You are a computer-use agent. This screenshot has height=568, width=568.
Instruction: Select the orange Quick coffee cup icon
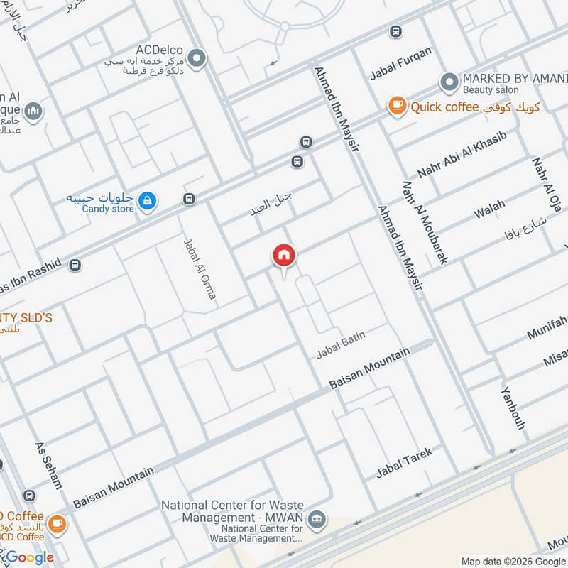[397, 106]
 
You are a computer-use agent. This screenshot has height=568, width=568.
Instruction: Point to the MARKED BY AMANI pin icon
[448, 83]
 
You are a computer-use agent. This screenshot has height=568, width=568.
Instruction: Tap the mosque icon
[33, 112]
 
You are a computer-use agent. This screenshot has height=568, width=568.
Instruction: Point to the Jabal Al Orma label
[200, 268]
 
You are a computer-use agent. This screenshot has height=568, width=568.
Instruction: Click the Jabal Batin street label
[341, 344]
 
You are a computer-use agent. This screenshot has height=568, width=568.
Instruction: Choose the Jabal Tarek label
[404, 461]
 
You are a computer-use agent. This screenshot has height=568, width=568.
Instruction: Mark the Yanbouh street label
[513, 408]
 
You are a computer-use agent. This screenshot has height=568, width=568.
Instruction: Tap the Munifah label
[546, 328]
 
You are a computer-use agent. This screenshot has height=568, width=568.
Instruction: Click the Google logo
[30, 557]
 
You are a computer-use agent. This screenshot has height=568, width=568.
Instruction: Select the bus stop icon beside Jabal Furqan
[395, 32]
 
